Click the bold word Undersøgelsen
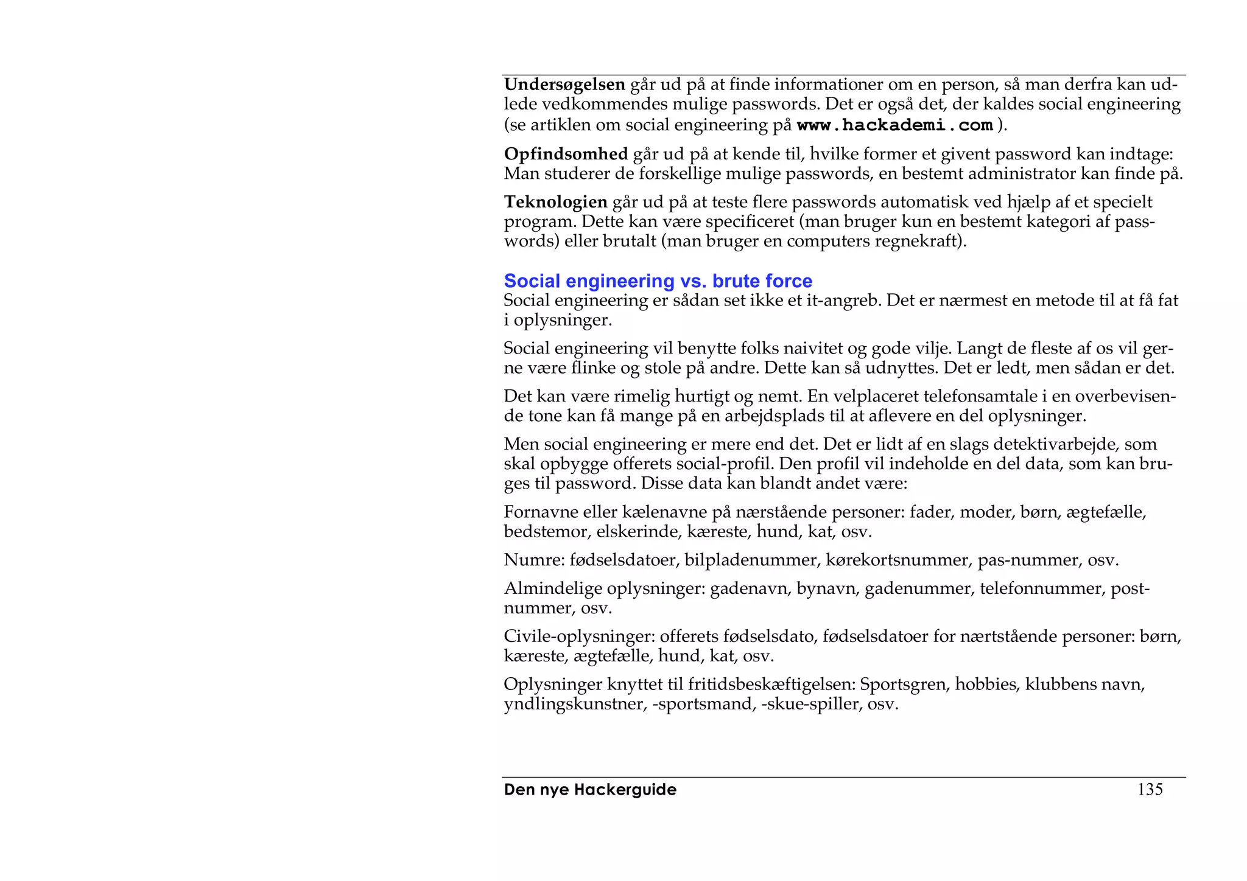[564, 85]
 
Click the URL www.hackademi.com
[894, 125]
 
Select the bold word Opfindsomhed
[566, 154]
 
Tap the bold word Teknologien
[555, 202]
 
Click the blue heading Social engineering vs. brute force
[658, 281]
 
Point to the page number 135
[1150, 790]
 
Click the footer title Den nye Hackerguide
[590, 790]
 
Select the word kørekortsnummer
[898, 560]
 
